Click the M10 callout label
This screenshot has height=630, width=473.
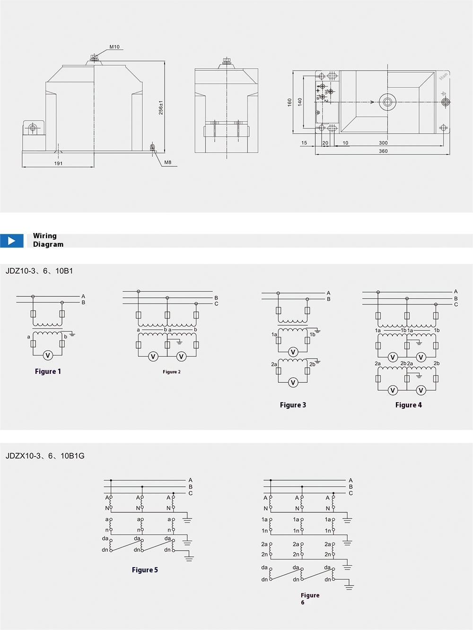point(114,47)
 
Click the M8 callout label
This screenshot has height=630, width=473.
point(167,162)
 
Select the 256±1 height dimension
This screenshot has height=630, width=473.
point(161,107)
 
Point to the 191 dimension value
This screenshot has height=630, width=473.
point(58,164)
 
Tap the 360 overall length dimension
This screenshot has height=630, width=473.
point(383,151)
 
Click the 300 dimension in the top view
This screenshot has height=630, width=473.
point(383,143)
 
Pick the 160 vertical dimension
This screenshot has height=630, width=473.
point(289,102)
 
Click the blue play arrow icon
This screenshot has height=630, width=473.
point(12,241)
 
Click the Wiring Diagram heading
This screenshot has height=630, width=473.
point(48,240)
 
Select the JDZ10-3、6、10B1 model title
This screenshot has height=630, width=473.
point(39,271)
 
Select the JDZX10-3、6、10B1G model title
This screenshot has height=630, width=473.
point(45,456)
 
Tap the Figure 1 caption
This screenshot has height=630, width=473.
point(48,371)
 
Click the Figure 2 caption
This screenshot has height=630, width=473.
point(172,372)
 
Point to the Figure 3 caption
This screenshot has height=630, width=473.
point(293,405)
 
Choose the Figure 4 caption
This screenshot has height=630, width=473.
point(408,405)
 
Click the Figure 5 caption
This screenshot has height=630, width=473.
point(145,570)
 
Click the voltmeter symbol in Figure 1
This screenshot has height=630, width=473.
point(47,355)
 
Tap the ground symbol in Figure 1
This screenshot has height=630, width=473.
point(72,334)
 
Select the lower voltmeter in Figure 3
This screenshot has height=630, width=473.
point(293,382)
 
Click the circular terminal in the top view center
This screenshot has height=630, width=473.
point(388,102)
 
